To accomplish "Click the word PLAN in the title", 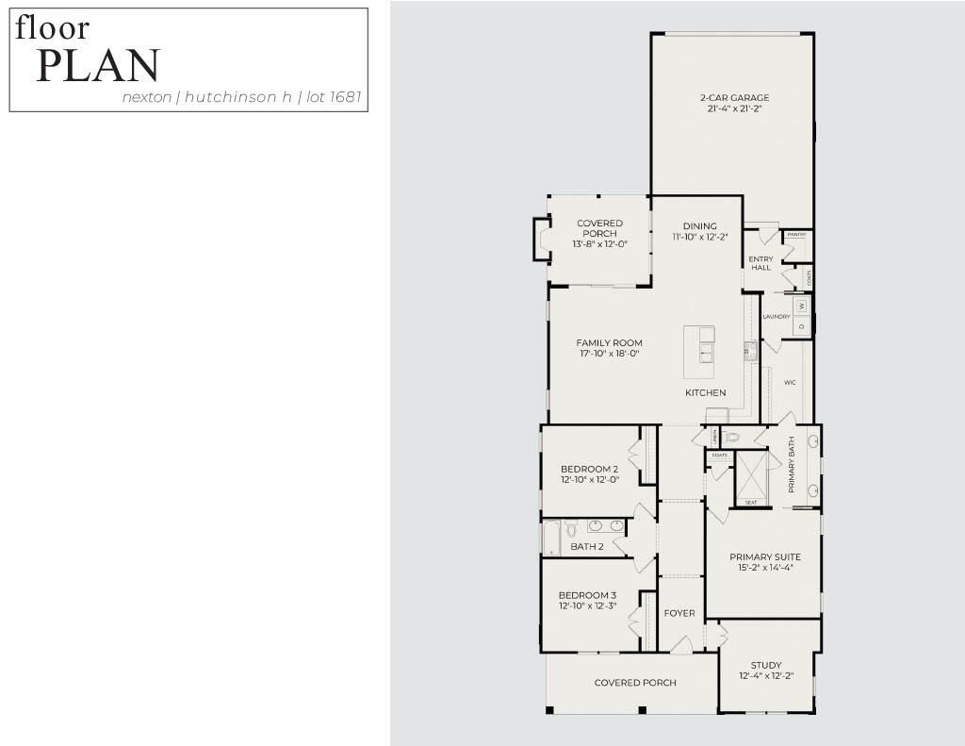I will (x=98, y=65).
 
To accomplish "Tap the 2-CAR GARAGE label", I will (x=734, y=98).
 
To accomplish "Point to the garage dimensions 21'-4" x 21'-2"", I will (x=734, y=109).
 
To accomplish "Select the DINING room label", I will (x=700, y=226).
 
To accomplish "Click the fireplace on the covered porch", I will (x=541, y=239).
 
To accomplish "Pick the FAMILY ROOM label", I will (x=610, y=343).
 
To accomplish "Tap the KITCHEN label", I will (x=705, y=392).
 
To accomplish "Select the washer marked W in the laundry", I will (x=801, y=307).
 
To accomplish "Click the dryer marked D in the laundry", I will (x=801, y=326).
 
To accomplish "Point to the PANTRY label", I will (x=796, y=234).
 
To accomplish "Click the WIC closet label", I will (x=790, y=383).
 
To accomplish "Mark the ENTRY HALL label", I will (x=761, y=263).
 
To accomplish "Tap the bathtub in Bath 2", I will (x=551, y=539).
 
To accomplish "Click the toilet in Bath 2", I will (x=571, y=532).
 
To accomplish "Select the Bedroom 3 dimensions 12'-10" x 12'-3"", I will (x=587, y=606).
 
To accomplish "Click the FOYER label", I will (x=679, y=613).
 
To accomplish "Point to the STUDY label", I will (x=766, y=665).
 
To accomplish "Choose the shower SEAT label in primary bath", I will (x=751, y=503).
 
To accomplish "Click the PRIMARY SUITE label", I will (x=764, y=557).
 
